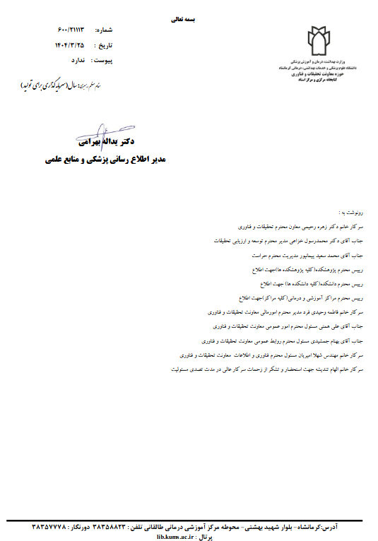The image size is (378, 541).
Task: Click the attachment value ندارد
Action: (x=78, y=61)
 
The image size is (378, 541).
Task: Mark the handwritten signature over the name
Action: (x=100, y=136)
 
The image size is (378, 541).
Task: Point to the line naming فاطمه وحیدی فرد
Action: (x=285, y=311)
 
